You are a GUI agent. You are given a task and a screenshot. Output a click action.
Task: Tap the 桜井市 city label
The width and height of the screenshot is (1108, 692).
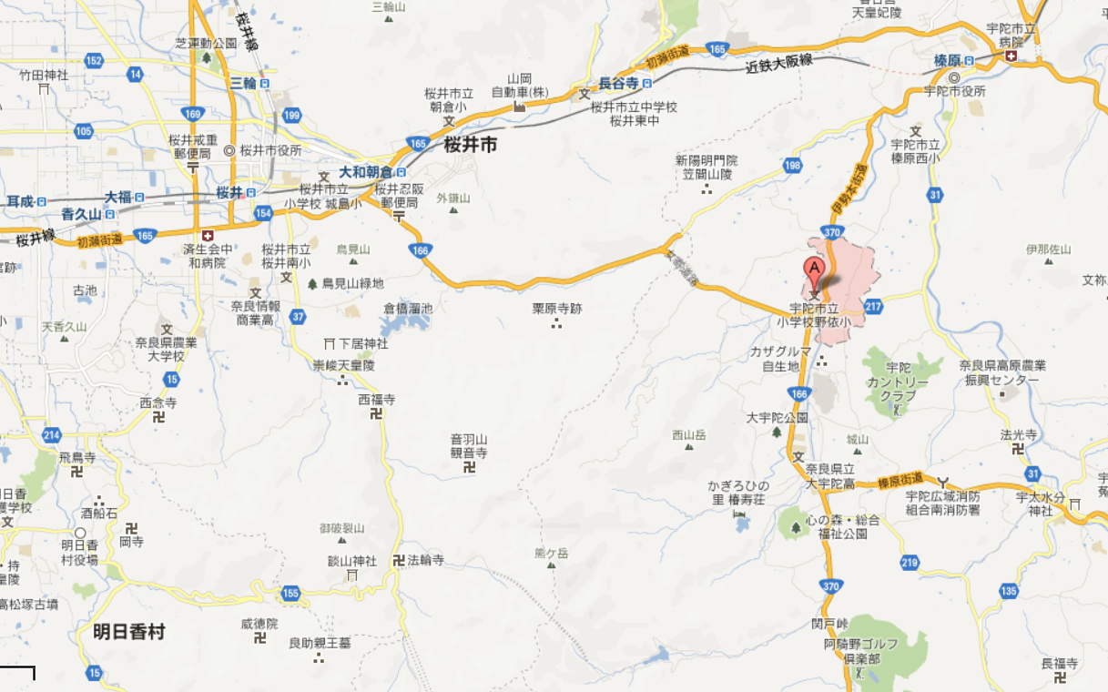[471, 144]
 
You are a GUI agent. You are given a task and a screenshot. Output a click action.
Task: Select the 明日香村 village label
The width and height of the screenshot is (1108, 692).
[129, 631]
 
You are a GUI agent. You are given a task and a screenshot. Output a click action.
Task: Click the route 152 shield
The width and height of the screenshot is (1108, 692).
[93, 60]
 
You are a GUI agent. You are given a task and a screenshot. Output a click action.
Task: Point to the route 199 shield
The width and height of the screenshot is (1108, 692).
[291, 115]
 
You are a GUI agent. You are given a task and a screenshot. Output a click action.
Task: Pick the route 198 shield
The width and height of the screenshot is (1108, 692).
[792, 166]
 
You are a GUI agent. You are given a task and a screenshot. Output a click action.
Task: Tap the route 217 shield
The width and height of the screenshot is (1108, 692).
[874, 306]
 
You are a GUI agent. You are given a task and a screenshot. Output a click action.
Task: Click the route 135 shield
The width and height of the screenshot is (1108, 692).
[1008, 591]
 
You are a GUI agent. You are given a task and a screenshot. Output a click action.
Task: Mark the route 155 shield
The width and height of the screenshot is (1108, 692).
[290, 594]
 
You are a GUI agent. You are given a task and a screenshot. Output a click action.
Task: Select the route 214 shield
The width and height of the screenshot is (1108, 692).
[51, 434]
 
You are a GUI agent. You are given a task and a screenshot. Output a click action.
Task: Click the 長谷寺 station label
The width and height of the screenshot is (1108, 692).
[616, 83]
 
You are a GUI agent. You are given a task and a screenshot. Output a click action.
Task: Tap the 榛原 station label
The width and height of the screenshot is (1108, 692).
[948, 60]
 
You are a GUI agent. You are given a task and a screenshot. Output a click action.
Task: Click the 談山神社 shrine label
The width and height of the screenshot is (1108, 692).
[352, 561]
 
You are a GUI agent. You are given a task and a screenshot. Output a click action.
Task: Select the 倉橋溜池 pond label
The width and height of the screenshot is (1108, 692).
[408, 309]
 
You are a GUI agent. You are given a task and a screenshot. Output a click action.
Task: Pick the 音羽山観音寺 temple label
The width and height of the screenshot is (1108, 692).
[469, 445]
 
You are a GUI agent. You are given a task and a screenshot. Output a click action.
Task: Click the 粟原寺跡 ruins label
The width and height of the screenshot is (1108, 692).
[556, 309]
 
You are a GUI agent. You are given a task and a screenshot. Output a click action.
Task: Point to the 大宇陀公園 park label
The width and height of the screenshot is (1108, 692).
[778, 418]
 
